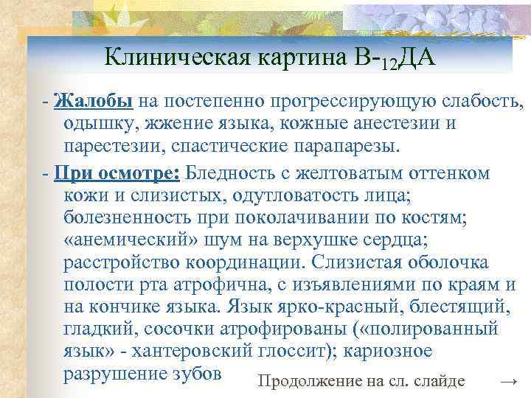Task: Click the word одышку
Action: pos(97,123)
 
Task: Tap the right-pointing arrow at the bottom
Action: pos(507,380)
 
